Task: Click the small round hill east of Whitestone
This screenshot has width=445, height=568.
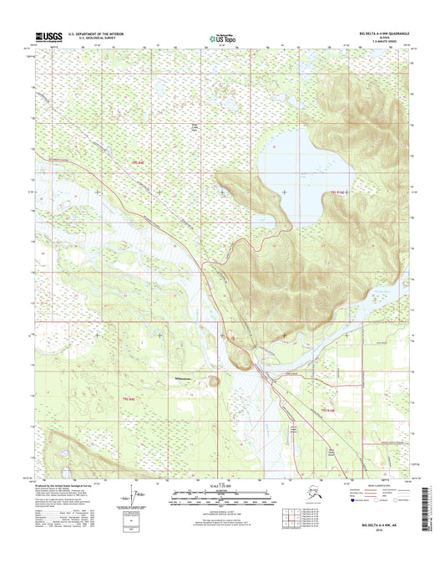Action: point(215,381)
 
